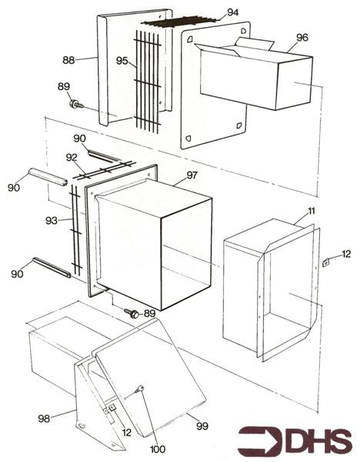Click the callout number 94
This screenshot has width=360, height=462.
(x=233, y=14)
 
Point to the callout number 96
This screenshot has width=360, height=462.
(x=302, y=37)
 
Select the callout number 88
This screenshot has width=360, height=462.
(x=68, y=59)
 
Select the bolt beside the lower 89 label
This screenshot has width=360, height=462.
(x=132, y=313)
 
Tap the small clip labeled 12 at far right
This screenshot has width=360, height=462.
(x=326, y=262)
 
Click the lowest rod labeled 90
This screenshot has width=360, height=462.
(x=52, y=267)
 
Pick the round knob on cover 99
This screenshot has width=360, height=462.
(x=141, y=390)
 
